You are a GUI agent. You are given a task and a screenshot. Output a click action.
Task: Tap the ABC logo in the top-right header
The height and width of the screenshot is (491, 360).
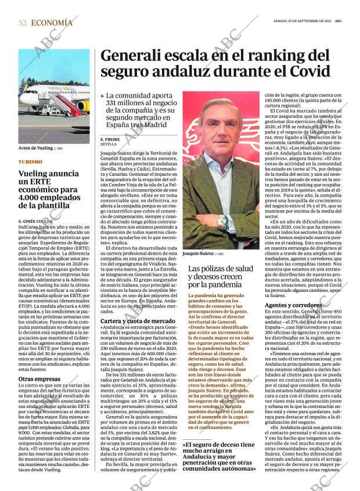(x=345, y=21)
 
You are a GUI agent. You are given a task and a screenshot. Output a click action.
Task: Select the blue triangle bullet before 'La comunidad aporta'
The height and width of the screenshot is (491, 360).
(x=103, y=95)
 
